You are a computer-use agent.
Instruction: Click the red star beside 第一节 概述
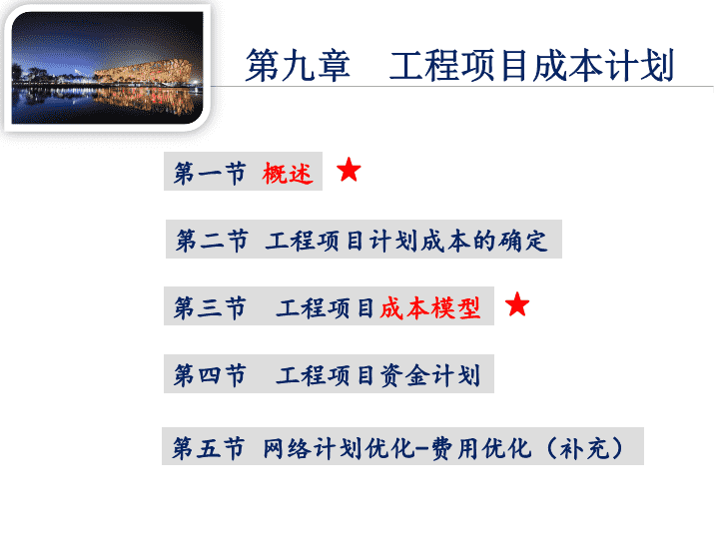click(x=349, y=170)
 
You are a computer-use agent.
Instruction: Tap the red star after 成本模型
click(x=517, y=304)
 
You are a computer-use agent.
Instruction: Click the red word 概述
click(x=288, y=174)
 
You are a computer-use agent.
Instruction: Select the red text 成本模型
click(x=430, y=308)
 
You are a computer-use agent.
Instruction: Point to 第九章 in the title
click(x=298, y=66)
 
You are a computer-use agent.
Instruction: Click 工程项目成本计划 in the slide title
click(x=532, y=66)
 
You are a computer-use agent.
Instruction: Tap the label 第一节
click(x=210, y=174)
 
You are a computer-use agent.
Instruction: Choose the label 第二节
click(x=212, y=242)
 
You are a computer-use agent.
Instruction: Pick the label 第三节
click(x=210, y=308)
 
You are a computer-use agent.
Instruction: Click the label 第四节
click(x=210, y=375)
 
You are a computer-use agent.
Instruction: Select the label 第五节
click(x=208, y=448)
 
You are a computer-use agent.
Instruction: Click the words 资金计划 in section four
click(x=430, y=375)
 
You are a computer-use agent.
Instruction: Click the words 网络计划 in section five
click(x=313, y=448)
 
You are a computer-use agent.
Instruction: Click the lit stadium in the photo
click(x=143, y=72)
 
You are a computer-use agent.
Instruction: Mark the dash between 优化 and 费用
click(x=423, y=449)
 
